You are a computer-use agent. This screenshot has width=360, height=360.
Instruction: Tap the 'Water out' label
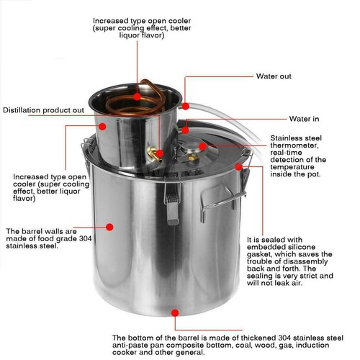[274, 76]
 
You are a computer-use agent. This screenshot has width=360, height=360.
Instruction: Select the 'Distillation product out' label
[44, 110]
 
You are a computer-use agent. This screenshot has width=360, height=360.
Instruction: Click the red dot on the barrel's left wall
[109, 226]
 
